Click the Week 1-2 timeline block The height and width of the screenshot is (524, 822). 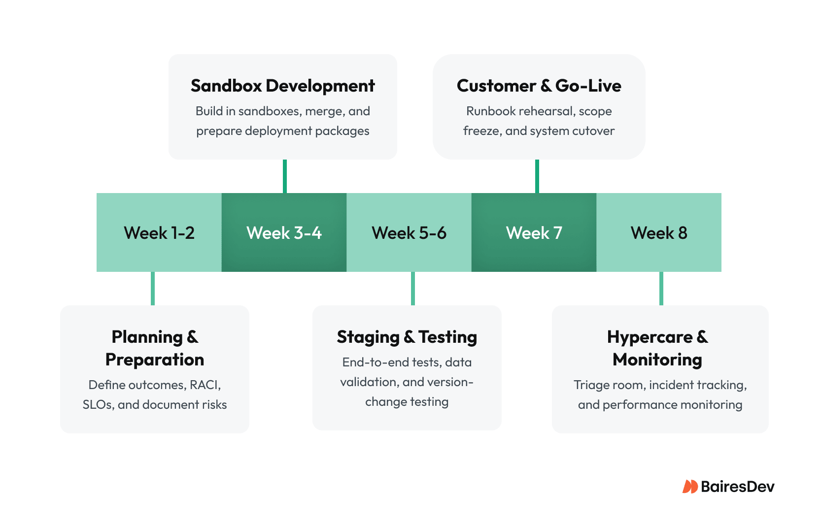[x=159, y=232]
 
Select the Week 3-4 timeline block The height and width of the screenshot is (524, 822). [x=284, y=232]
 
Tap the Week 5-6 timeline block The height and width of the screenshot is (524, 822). [x=409, y=232]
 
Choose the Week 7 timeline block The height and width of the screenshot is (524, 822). [x=534, y=232]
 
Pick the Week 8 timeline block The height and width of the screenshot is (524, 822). [x=659, y=232]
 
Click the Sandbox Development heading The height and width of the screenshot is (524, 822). [x=282, y=86]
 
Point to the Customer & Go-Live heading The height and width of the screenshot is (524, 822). [x=539, y=86]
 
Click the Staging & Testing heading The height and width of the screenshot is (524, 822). [x=407, y=337]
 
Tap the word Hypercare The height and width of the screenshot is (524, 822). [x=650, y=337]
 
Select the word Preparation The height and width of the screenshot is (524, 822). [x=155, y=360]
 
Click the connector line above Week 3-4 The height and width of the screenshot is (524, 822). [x=285, y=176]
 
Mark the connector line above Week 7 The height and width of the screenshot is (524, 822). [x=537, y=176]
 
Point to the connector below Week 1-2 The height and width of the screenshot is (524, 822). [x=153, y=289]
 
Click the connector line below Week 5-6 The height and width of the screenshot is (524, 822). [x=413, y=289]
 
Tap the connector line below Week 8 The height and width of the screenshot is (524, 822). [x=661, y=289]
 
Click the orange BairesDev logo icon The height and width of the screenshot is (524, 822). [x=689, y=487]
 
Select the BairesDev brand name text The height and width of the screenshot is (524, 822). [x=737, y=487]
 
